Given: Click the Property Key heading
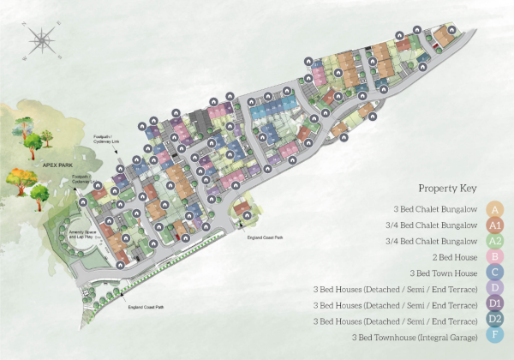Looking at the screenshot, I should tap(447, 188).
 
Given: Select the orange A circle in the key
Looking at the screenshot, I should tap(494, 208).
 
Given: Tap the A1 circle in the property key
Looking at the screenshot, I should tap(494, 225).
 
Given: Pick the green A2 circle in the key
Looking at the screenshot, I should tap(494, 241).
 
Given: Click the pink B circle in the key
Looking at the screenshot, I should tap(494, 256).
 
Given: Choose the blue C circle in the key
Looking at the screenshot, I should tap(494, 273).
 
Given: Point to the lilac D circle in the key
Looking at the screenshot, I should tap(494, 289).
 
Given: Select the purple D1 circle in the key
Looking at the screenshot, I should tap(494, 304).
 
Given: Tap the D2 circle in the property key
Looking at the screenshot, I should tap(494, 321).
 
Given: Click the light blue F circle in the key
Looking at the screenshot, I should tap(494, 337).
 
